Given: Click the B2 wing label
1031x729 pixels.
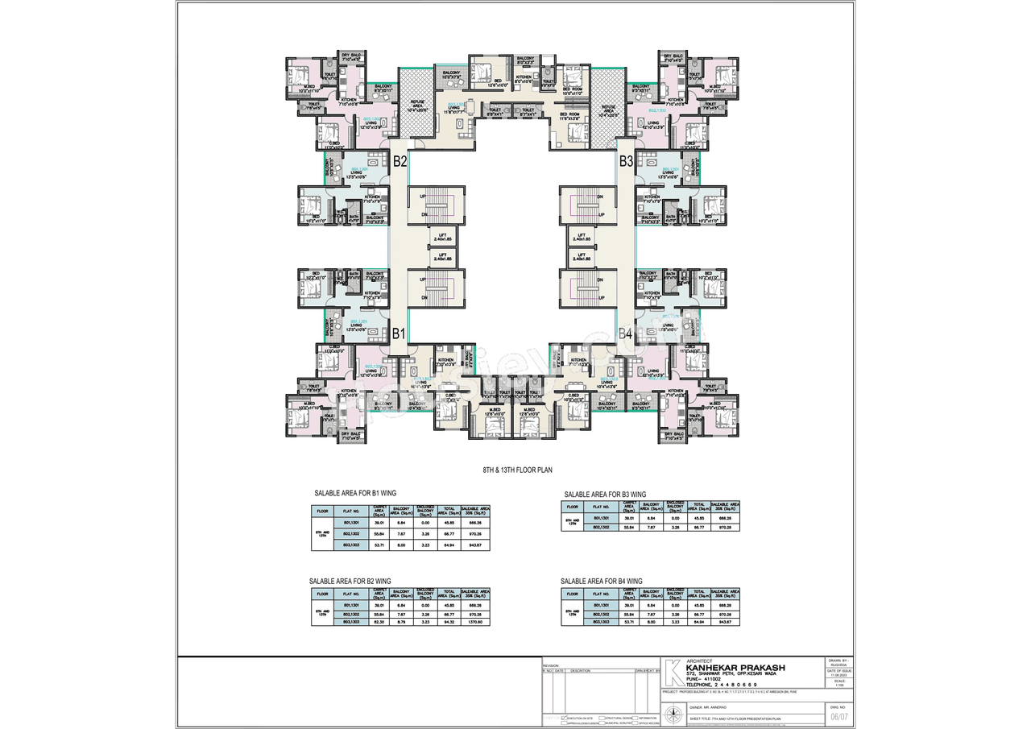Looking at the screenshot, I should [x=400, y=161].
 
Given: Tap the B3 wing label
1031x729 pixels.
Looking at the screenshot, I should [x=626, y=161].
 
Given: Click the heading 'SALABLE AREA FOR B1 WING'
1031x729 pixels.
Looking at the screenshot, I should [x=355, y=492].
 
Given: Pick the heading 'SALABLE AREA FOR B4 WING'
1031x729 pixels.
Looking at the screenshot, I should [x=602, y=581].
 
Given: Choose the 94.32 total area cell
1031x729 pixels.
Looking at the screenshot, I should [x=449, y=622].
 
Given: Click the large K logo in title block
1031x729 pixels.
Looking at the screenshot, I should [x=671, y=673].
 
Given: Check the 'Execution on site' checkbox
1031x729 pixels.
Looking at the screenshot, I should [x=565, y=717].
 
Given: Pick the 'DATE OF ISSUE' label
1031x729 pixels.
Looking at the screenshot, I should [x=838, y=670].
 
